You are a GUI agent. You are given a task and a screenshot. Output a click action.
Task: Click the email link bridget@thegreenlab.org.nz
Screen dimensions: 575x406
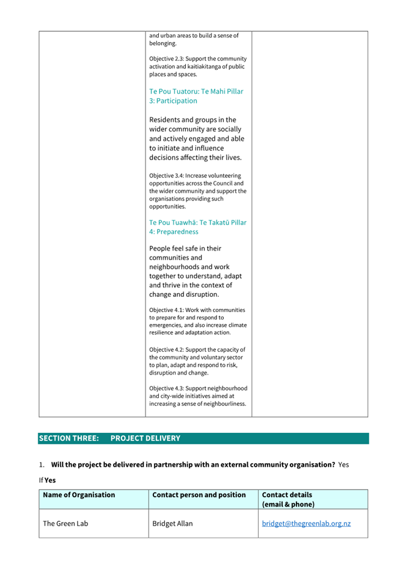pyautogui.click(x=306, y=523)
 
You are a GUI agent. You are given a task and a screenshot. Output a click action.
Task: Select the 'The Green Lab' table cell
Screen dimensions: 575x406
pyautogui.click(x=65, y=523)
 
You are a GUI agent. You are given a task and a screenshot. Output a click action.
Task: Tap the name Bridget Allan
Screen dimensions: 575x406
pyautogui.click(x=173, y=523)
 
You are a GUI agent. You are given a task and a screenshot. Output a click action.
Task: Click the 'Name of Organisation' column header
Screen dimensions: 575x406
pyautogui.click(x=79, y=495)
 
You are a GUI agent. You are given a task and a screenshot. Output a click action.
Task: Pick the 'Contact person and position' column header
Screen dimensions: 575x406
pyautogui.click(x=199, y=495)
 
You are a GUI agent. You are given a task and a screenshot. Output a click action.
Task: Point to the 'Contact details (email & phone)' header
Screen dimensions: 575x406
pyautogui.click(x=288, y=499)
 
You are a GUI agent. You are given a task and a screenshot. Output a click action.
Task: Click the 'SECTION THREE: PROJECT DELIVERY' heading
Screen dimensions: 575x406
pyautogui.click(x=109, y=438)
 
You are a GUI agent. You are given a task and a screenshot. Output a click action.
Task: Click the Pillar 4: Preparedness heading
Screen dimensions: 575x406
pyautogui.click(x=197, y=227)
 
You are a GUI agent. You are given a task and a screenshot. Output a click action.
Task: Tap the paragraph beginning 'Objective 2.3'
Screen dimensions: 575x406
pyautogui.click(x=197, y=67)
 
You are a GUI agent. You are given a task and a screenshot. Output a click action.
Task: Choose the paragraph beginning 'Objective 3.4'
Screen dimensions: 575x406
pyautogui.click(x=197, y=191)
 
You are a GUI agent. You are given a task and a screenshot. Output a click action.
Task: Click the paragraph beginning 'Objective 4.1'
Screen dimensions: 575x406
pyautogui.click(x=197, y=321)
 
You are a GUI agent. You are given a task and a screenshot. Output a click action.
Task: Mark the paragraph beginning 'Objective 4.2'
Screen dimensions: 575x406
pyautogui.click(x=197, y=361)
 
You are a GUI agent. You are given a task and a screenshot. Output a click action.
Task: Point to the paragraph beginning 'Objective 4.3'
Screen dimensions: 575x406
pyautogui.click(x=197, y=396)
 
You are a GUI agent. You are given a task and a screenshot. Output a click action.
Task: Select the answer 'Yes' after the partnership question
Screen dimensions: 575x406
pyautogui.click(x=343, y=465)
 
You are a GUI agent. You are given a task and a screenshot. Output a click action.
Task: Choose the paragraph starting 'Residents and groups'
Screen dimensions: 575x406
pyautogui.click(x=195, y=138)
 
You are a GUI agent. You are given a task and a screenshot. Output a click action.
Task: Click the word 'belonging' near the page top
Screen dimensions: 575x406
pyautogui.click(x=162, y=43)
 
